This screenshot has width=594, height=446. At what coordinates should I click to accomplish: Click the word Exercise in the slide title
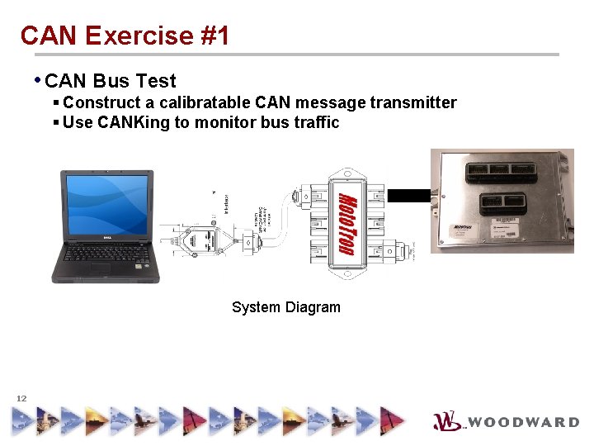[139, 36]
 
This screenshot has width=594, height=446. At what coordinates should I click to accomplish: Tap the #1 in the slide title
[214, 36]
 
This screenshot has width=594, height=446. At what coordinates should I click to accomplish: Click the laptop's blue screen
[107, 203]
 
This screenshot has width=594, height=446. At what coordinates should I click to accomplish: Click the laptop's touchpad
[100, 268]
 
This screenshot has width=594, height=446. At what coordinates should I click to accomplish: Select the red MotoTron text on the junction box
[346, 224]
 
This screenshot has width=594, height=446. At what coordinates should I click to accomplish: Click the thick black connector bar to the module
[408, 196]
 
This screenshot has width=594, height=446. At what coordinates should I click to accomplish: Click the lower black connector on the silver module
[503, 203]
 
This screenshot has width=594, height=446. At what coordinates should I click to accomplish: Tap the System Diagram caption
[285, 307]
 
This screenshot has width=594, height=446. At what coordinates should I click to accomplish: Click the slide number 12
[21, 398]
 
